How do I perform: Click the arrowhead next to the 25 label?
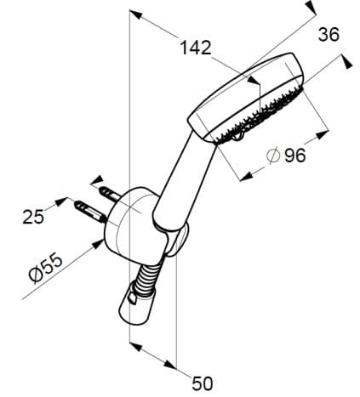(62, 201)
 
